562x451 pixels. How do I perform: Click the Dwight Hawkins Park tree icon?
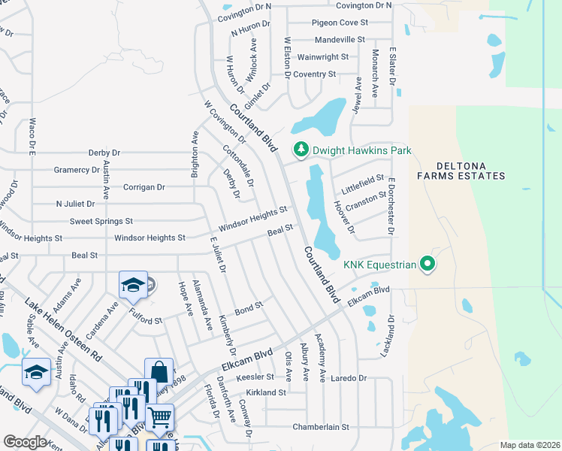point(301,150)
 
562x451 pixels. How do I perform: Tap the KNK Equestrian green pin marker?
point(428,264)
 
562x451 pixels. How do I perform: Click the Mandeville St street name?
point(339,39)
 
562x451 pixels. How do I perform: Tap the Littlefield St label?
point(363,181)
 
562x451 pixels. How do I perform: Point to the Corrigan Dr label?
point(144,187)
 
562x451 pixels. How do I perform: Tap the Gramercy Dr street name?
point(77,170)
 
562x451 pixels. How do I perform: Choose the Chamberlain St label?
point(321,426)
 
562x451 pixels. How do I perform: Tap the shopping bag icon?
point(159,371)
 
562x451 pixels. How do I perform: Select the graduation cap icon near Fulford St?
point(132,285)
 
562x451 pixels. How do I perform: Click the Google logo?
point(25,441)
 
